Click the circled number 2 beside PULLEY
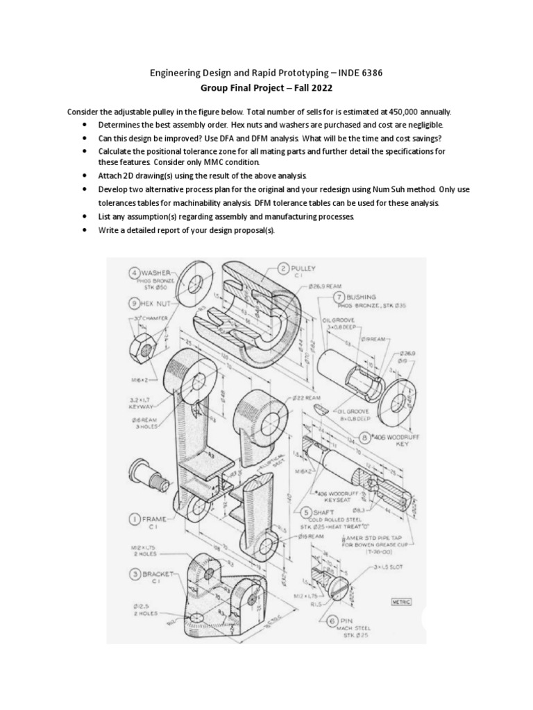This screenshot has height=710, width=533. [284, 268]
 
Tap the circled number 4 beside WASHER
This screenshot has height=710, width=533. [133, 273]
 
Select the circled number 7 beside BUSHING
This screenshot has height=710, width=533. [331, 296]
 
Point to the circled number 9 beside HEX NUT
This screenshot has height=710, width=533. [133, 302]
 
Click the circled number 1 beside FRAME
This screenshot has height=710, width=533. [132, 517]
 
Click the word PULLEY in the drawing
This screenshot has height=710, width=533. [305, 268]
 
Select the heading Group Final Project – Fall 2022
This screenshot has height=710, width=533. [266, 89]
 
